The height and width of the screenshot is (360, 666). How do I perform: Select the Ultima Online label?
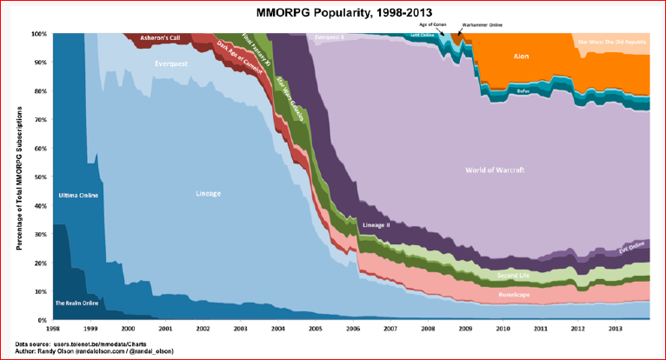77,195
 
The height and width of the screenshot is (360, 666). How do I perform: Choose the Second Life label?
514,277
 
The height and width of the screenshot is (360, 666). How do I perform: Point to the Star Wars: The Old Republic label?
612,40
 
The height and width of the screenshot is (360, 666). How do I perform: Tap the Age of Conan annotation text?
433,25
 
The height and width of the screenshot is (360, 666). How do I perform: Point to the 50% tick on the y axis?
39,177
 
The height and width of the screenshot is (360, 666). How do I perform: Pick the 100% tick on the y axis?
37,34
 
